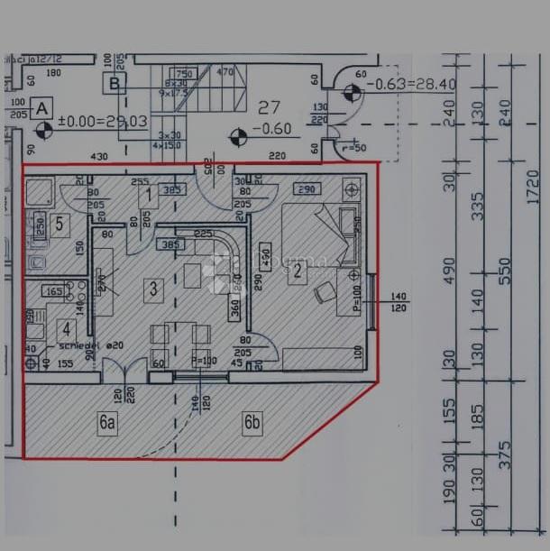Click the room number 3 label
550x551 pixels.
[x=153, y=289]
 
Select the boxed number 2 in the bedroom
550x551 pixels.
[x=295, y=274]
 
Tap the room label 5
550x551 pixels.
[x=59, y=225]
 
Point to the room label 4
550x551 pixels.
[x=65, y=329]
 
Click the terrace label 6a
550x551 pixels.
[x=107, y=421]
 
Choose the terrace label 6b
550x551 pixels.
[x=252, y=421]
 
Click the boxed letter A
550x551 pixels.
[x=41, y=108]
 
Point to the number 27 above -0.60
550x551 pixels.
[x=270, y=107]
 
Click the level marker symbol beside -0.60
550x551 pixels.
[x=238, y=137]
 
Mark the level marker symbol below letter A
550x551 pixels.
[x=44, y=130]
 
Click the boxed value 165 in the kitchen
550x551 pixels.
[x=53, y=291]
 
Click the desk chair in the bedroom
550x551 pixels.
[x=324, y=292]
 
